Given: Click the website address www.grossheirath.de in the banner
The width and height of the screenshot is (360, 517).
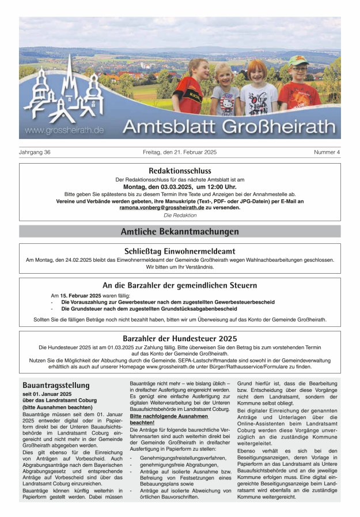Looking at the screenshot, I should [64, 130].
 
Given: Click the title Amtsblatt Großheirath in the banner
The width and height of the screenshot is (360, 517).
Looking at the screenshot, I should [229, 126].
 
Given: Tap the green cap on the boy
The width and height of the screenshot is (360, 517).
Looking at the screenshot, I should [298, 61].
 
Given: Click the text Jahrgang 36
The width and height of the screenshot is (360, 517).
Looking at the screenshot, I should [35, 152].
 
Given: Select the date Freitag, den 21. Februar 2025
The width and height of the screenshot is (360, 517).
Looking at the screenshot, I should [180, 152].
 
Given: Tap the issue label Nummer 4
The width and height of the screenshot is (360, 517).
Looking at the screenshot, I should [327, 152].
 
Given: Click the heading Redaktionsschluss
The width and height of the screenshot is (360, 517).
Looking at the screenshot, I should [180, 171].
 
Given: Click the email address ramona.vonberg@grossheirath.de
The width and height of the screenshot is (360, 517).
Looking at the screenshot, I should [162, 207].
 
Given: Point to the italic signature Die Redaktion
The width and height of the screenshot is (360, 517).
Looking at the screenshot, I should [180, 215].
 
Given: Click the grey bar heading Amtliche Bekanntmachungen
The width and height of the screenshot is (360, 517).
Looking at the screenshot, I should [180, 232].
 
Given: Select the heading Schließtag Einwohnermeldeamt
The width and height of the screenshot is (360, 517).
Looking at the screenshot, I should [180, 251].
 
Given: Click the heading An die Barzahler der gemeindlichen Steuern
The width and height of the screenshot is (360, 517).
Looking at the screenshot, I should [180, 285].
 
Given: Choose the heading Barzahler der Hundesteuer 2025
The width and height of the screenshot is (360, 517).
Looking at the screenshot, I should [180, 338].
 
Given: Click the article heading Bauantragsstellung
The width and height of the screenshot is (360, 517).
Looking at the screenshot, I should [56, 385].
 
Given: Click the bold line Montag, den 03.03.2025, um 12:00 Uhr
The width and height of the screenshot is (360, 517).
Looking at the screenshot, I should [180, 187].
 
